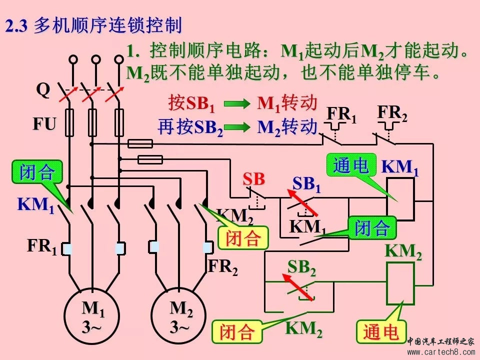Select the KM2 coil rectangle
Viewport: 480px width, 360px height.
click(x=400, y=283)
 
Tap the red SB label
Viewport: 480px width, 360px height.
click(x=253, y=178)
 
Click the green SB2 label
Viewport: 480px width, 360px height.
click(x=301, y=268)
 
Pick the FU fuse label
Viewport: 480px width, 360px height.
click(x=44, y=124)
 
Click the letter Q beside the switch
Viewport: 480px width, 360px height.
click(x=43, y=90)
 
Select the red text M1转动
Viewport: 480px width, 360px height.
click(x=287, y=103)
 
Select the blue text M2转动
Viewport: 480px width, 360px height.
click(x=287, y=126)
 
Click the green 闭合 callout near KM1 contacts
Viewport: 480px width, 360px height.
click(x=37, y=172)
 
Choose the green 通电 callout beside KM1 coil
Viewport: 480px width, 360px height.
click(x=350, y=165)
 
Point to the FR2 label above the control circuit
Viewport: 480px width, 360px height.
click(x=392, y=114)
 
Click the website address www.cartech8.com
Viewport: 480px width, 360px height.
click(x=440, y=352)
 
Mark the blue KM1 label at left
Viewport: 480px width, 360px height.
click(x=36, y=205)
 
